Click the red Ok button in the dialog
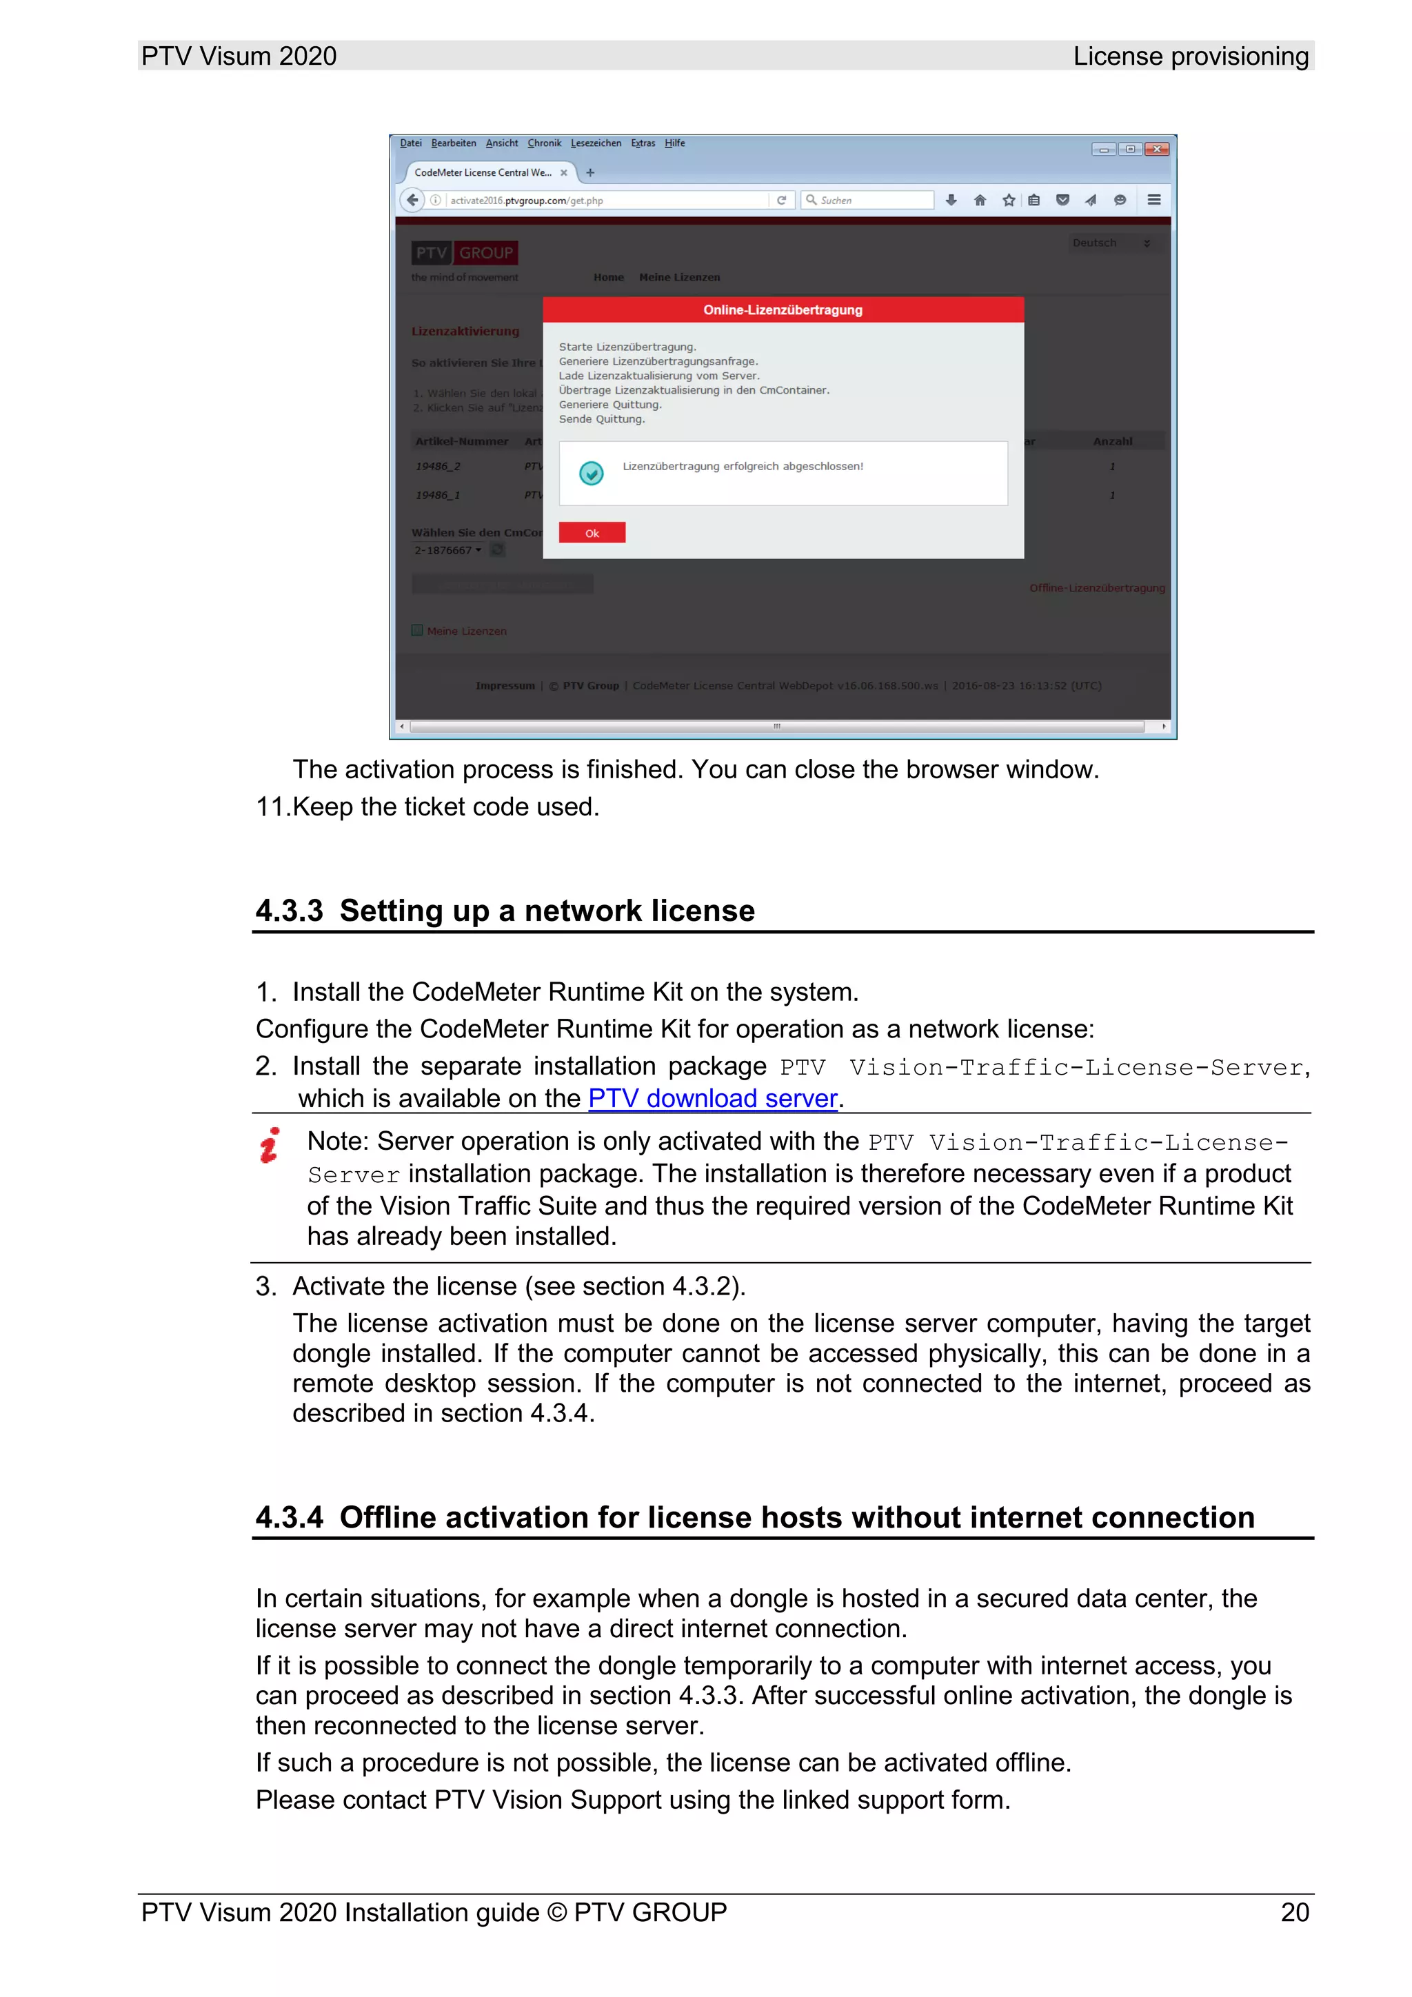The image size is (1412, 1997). [592, 532]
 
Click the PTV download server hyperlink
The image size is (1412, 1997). [712, 1099]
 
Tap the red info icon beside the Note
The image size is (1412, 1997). [270, 1146]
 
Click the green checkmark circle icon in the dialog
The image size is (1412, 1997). [591, 472]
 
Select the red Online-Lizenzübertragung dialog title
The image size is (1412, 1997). [782, 310]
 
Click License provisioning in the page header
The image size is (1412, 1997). [1189, 57]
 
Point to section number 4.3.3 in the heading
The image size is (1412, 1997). [289, 911]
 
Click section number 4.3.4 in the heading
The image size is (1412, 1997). [289, 1517]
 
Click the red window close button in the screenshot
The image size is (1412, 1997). [1156, 149]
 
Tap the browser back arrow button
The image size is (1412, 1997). [412, 200]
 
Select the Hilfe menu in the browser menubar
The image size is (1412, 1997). [674, 143]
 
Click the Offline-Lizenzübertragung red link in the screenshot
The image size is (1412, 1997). [1096, 588]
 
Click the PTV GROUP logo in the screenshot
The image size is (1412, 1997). [464, 253]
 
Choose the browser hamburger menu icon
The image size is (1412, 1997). [1153, 200]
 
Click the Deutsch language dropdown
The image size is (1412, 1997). [1110, 243]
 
